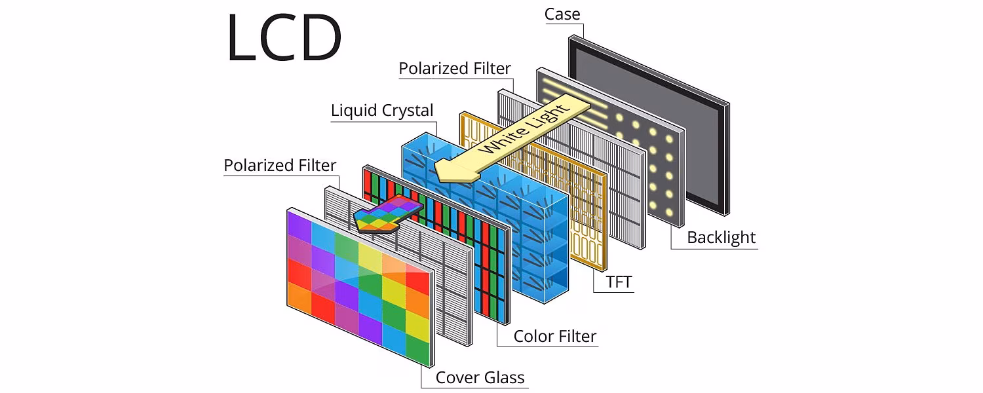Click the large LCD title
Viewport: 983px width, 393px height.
point(284,38)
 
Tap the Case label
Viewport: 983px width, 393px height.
point(562,14)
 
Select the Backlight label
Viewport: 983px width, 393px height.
point(721,237)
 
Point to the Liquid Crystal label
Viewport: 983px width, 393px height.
point(382,110)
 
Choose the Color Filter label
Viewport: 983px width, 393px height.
point(554,336)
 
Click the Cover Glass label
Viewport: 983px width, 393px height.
point(480,377)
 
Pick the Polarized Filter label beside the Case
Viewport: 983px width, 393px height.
point(455,68)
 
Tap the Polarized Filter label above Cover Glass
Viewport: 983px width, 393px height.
point(280,165)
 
